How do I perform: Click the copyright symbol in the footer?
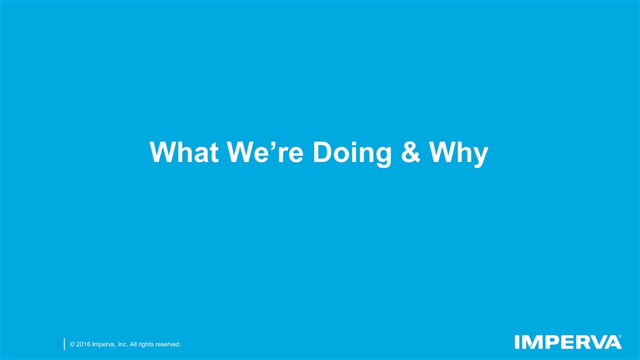[71, 344]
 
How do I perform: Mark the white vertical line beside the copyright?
[64, 343]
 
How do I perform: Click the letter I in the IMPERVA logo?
[518, 342]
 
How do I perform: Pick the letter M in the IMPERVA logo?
[531, 342]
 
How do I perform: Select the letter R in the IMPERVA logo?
[581, 342]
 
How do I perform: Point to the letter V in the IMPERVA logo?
[597, 342]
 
